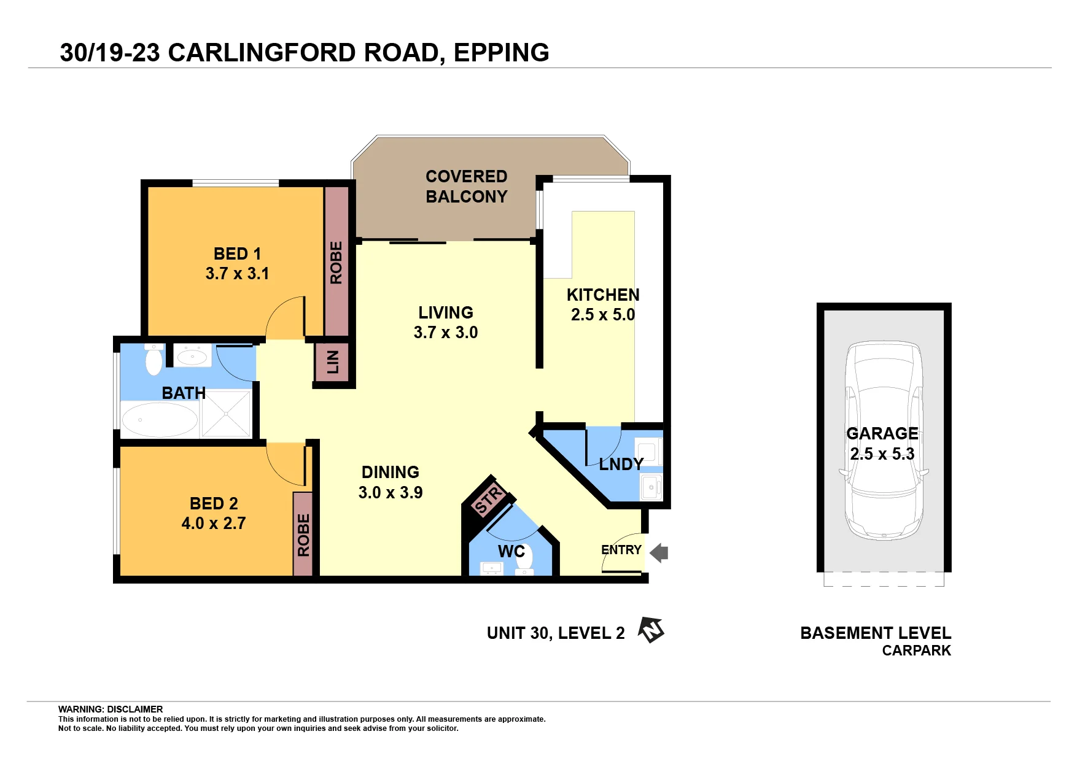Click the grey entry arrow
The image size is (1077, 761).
click(x=659, y=553)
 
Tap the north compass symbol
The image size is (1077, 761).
click(x=651, y=630)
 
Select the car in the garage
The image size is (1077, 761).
click(x=884, y=441)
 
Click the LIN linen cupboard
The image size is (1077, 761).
click(x=333, y=362)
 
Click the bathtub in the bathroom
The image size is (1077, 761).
click(x=160, y=420)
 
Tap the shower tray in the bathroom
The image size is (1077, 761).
click(x=226, y=414)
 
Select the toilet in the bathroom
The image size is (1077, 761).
click(x=154, y=360)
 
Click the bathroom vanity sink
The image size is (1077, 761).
click(x=193, y=355)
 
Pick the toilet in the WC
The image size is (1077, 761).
click(x=524, y=558)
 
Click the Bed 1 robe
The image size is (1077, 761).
click(x=336, y=262)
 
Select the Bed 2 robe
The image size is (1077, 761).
click(x=303, y=535)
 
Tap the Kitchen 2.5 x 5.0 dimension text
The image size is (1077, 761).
click(x=603, y=315)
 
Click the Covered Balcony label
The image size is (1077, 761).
click(x=467, y=187)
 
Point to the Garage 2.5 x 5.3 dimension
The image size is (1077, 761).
click(x=882, y=454)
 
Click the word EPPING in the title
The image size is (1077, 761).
click(x=502, y=53)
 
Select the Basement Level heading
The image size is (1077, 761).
click(x=876, y=633)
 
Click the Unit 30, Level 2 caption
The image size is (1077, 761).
click(x=556, y=633)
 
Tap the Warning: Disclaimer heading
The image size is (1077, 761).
click(x=111, y=709)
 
